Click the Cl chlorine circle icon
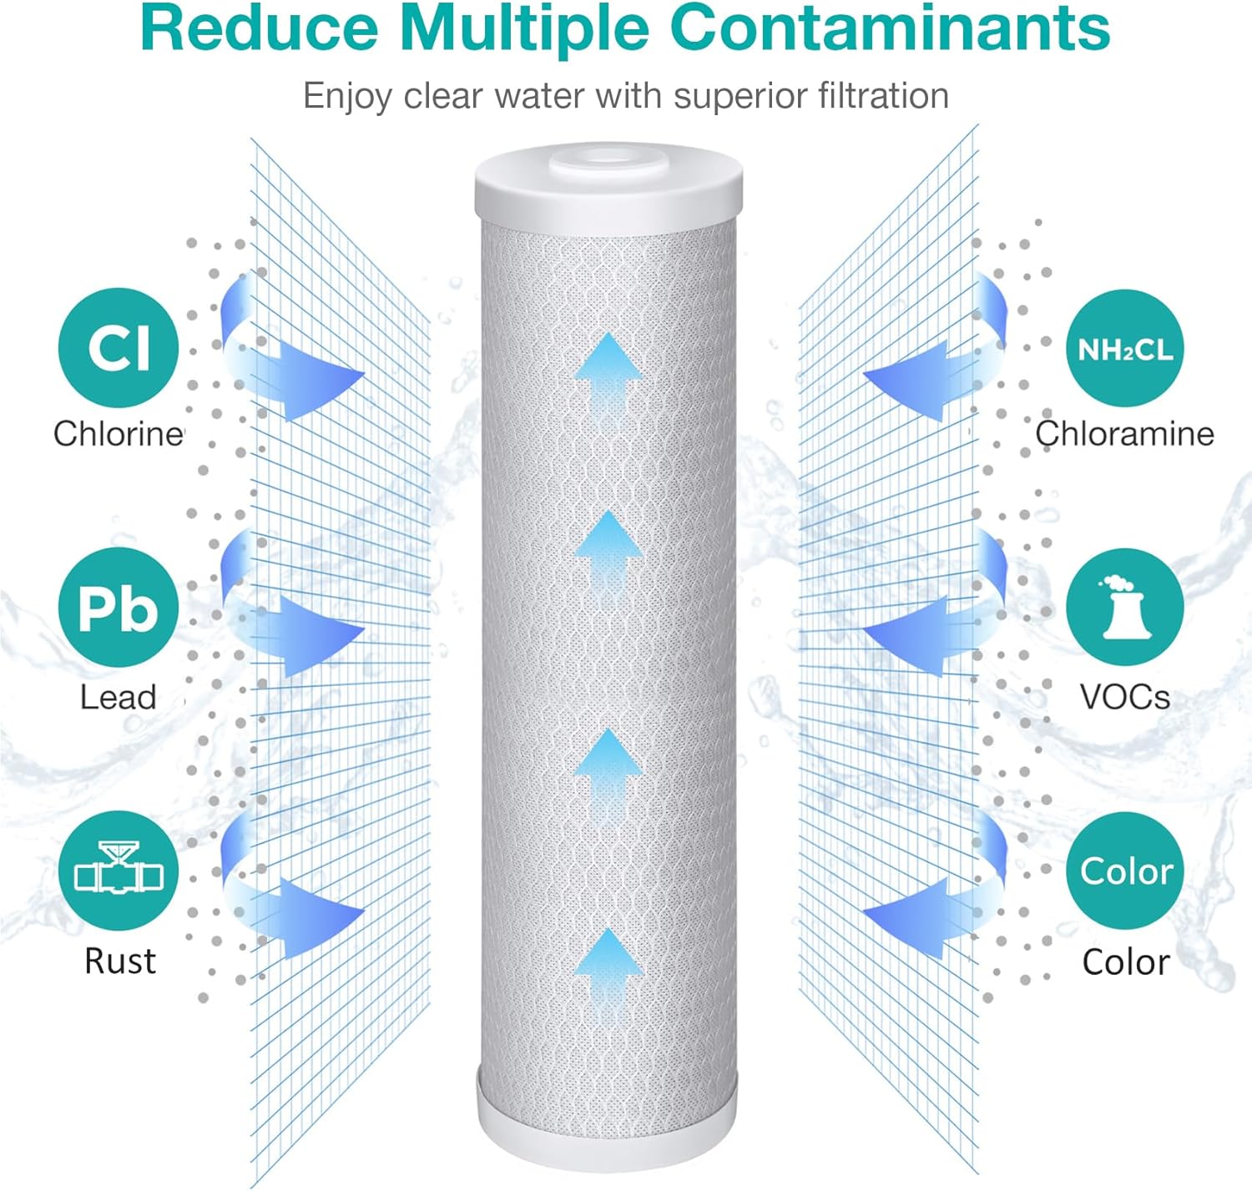[x=119, y=348]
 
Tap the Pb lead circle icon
[x=119, y=607]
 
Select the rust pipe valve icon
[x=119, y=871]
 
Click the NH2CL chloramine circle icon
[x=1124, y=348]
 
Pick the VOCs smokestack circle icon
[x=1124, y=607]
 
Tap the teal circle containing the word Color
[x=1124, y=871]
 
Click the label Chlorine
[x=119, y=434]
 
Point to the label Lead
[x=118, y=697]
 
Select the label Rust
[x=119, y=961]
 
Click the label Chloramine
[x=1124, y=434]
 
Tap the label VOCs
[x=1125, y=697]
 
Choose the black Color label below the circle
[x=1126, y=961]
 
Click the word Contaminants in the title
[x=891, y=28]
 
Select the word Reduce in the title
[x=260, y=28]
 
